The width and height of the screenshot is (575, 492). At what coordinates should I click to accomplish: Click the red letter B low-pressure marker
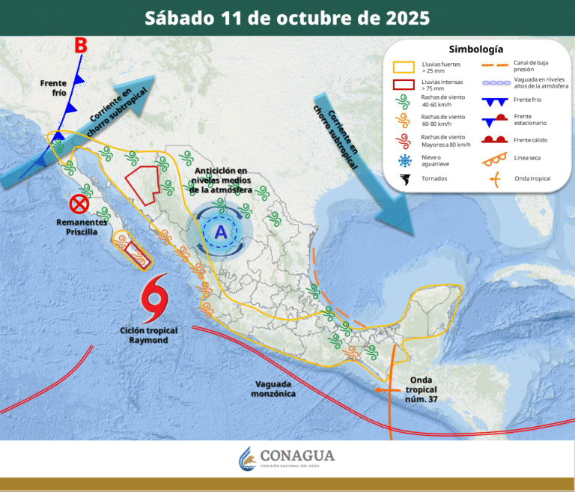[x=81, y=46]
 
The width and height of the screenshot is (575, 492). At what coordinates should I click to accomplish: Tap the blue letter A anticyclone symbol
[x=221, y=232]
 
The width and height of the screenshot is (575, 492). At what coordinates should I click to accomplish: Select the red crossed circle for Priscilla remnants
[x=79, y=204]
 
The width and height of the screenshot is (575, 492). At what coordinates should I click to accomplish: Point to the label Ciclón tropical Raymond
[x=143, y=335]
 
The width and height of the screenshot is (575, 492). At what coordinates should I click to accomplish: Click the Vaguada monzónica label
[x=273, y=388]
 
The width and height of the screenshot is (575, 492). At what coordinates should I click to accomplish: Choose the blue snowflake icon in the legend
[x=405, y=161]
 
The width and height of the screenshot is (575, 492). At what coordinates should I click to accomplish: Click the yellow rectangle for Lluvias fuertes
[x=405, y=67]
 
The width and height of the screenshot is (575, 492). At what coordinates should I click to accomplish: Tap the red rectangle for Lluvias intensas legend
[x=405, y=84]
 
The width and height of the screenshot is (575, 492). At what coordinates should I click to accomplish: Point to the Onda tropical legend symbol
[x=493, y=178]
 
